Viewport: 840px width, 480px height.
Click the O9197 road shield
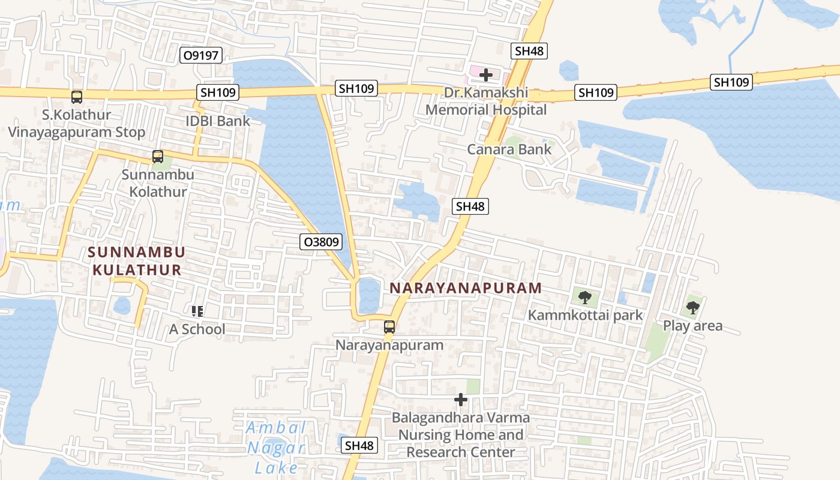(x=202, y=56)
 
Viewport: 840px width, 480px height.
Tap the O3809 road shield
(x=321, y=242)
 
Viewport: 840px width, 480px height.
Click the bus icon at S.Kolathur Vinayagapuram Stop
(x=77, y=97)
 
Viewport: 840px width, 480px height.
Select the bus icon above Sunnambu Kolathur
(x=158, y=157)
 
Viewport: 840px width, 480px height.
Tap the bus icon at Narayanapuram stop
(x=389, y=327)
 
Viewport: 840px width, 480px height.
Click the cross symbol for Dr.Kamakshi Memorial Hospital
(x=486, y=75)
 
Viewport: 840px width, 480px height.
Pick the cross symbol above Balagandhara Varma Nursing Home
(x=461, y=400)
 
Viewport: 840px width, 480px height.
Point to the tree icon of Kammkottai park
(x=585, y=297)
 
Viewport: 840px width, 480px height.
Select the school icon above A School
(x=197, y=311)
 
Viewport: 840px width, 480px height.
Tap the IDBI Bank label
(x=218, y=121)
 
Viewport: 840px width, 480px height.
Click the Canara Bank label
(x=509, y=149)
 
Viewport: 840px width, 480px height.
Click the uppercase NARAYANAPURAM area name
(x=466, y=288)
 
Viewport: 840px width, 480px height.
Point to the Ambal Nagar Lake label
(x=277, y=448)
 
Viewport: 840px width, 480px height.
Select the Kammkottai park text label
(x=585, y=315)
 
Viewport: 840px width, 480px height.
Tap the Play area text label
(x=692, y=326)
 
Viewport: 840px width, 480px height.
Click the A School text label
(x=197, y=329)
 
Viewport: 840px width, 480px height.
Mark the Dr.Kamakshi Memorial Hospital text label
(x=486, y=101)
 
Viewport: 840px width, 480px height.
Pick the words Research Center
(x=461, y=452)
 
